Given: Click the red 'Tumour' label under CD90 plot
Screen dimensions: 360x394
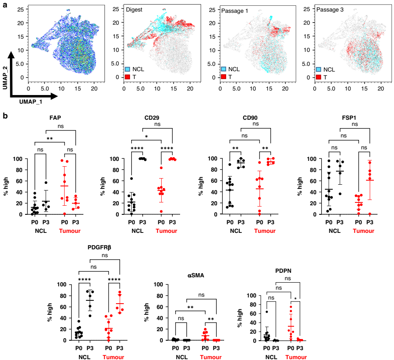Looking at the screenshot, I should pyautogui.click(x=265, y=231).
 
